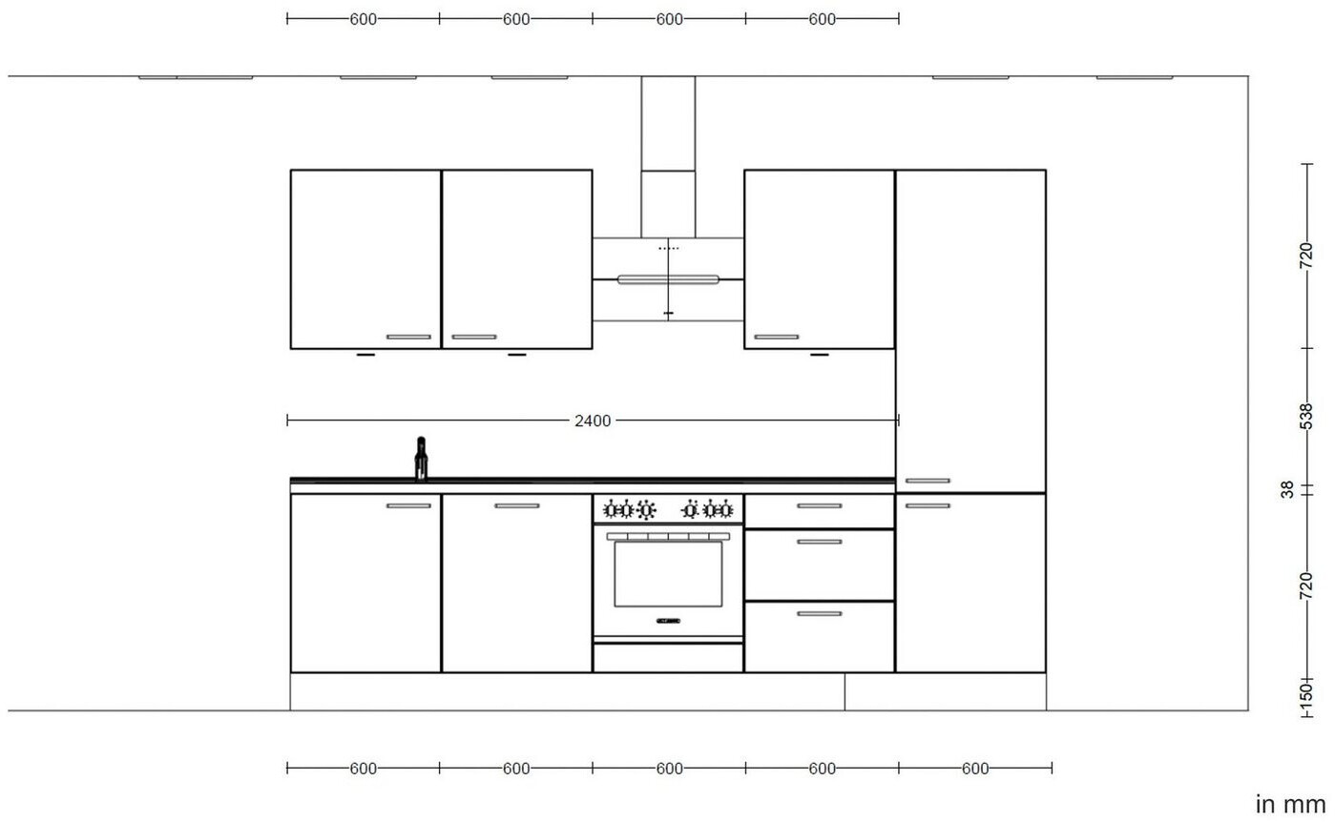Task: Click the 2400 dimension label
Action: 593,421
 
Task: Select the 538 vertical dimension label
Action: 1305,417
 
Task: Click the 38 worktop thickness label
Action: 1287,489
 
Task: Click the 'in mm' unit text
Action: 1290,804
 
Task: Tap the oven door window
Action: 668,574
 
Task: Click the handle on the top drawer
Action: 820,505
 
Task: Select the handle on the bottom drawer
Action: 820,613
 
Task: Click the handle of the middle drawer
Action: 820,542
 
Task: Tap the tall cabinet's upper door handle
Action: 928,481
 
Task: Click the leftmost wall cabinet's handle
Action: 408,337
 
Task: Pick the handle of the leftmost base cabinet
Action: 408,505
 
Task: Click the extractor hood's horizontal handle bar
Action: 668,279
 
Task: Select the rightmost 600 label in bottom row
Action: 975,769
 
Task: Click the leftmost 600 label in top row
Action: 363,20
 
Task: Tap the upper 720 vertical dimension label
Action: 1305,256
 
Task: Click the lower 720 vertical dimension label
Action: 1305,586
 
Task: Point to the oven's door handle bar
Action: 668,536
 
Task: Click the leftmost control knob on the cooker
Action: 611,510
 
